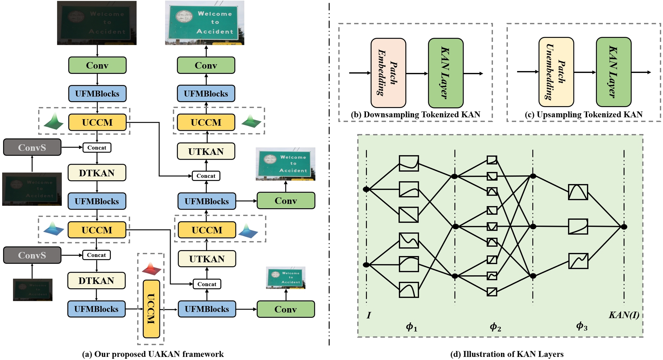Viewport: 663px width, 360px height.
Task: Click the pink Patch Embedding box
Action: pos(388,73)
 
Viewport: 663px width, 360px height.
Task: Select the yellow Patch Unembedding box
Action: pos(556,72)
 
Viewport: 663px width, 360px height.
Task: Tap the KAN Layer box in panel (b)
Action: pos(446,73)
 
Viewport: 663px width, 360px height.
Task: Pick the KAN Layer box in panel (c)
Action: pos(613,72)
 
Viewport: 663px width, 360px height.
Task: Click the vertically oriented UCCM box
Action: pos(151,309)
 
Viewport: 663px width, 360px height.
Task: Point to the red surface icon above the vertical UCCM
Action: pos(151,269)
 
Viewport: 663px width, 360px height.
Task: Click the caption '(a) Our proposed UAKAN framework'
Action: pos(153,354)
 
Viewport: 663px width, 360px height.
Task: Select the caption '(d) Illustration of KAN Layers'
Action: pos(507,354)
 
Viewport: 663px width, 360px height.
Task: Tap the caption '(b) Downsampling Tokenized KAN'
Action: pos(415,115)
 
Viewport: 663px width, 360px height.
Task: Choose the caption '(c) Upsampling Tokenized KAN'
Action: pos(583,115)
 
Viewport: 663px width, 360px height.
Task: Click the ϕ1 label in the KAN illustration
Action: pos(411,327)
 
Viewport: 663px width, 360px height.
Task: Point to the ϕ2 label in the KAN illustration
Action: pos(495,327)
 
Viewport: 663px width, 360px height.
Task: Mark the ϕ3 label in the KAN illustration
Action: pos(581,326)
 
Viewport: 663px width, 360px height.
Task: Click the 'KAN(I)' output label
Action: pos(624,315)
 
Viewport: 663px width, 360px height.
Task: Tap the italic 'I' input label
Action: pos(369,315)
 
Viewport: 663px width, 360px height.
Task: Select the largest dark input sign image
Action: pos(97,23)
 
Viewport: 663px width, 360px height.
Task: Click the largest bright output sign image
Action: pos(205,23)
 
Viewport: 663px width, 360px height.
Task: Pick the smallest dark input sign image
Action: pos(33,290)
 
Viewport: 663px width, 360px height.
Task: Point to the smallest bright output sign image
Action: pos(286,278)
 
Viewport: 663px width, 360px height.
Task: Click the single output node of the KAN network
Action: pos(624,227)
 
